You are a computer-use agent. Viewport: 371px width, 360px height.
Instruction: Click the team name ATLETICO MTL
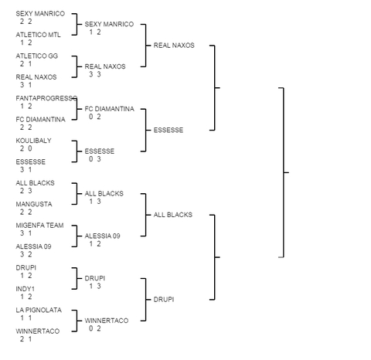(x=38, y=35)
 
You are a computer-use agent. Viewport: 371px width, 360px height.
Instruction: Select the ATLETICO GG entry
(x=37, y=56)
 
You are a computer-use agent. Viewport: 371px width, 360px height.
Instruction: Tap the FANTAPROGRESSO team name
(x=46, y=98)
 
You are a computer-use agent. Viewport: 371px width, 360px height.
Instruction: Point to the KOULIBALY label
(x=33, y=141)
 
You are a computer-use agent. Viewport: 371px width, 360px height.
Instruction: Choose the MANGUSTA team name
(x=34, y=204)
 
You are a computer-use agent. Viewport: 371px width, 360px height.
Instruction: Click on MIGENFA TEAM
(x=39, y=226)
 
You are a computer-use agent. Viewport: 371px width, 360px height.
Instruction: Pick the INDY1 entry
(x=25, y=289)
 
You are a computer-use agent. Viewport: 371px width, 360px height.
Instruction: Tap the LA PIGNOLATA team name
(x=39, y=310)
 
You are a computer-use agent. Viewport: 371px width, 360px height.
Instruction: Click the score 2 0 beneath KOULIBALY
(x=26, y=148)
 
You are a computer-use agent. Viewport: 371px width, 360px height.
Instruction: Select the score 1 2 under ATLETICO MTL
(x=26, y=42)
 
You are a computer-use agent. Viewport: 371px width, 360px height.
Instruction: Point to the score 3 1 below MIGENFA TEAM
(x=26, y=233)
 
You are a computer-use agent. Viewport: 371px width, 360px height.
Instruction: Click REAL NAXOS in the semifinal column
(x=174, y=46)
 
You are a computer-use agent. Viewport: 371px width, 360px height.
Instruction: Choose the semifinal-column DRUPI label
(x=164, y=300)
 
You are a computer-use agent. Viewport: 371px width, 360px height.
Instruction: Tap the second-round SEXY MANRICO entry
(x=109, y=24)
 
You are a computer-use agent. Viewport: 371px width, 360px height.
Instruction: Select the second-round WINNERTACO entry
(x=107, y=321)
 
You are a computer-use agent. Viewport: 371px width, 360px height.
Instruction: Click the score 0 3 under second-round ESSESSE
(x=95, y=159)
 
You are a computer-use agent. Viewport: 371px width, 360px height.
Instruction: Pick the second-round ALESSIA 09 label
(x=102, y=236)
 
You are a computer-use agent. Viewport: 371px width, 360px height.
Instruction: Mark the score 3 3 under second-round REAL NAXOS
(x=95, y=74)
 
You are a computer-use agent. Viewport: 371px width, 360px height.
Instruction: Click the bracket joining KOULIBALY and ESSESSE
(x=77, y=151)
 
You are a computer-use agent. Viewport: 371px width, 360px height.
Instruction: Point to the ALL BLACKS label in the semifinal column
(x=173, y=215)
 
